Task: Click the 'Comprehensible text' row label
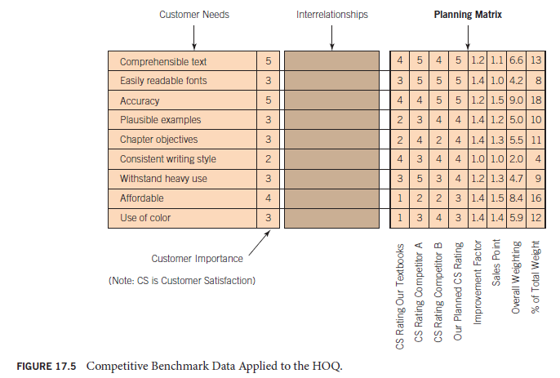click(x=163, y=61)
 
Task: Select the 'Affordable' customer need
click(x=142, y=198)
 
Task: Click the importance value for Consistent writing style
click(x=267, y=159)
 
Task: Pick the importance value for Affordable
click(x=267, y=198)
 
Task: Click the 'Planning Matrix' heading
click(x=468, y=15)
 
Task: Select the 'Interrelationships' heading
click(x=331, y=15)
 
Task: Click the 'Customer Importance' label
click(x=197, y=259)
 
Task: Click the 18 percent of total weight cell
click(x=536, y=100)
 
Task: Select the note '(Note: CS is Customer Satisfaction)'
click(x=182, y=281)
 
